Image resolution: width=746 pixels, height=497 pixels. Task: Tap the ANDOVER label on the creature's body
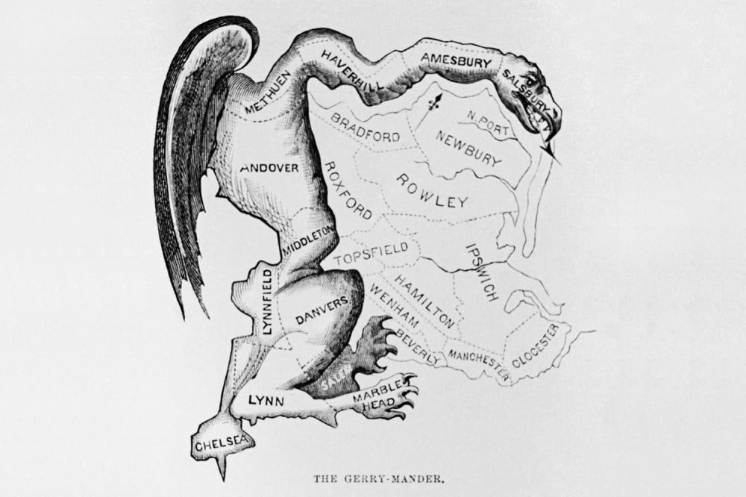(269, 168)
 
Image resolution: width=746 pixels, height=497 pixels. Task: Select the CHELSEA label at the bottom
(222, 444)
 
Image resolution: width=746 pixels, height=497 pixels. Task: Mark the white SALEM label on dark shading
(331, 381)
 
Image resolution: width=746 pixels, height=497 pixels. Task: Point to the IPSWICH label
(481, 271)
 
